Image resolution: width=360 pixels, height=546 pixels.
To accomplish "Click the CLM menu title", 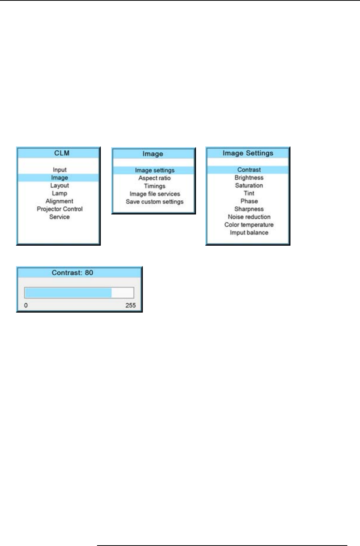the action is pos(62,153).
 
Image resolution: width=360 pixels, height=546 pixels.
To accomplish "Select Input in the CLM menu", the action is pos(60,170).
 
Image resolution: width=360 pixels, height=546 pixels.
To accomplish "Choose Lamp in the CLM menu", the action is pos(60,193).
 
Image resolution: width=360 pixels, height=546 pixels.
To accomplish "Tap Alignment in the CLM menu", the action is pos(60,201).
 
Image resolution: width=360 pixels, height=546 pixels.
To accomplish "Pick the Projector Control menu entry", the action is pos(60,209).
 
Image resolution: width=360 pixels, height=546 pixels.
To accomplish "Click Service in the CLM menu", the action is pos(60,217).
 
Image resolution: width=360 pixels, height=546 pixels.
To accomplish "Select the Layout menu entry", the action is pos(60,185).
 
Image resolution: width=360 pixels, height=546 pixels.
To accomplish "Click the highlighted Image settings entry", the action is pos(154,170).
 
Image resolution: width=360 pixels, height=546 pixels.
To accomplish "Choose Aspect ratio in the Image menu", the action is pos(154,178).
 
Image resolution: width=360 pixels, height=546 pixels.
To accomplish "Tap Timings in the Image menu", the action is pos(154,186).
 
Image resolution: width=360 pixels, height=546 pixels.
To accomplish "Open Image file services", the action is pos(154,194).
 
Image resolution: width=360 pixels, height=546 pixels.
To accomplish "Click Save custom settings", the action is pos(154,202).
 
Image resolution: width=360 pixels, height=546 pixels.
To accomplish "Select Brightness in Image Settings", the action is pos(249,178).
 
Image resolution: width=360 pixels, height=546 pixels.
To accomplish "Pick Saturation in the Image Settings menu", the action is pos(249,185).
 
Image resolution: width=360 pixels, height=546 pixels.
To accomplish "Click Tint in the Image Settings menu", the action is pos(249,193).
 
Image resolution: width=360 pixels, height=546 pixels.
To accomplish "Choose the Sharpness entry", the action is pos(249,209).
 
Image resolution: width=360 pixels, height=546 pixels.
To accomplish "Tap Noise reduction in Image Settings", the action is pos(249,217).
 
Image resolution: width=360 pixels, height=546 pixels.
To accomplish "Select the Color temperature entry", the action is pos(249,225).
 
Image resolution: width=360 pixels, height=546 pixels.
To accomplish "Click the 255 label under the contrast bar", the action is pos(131,306).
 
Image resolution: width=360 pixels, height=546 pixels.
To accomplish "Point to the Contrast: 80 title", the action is pos(72,273).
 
